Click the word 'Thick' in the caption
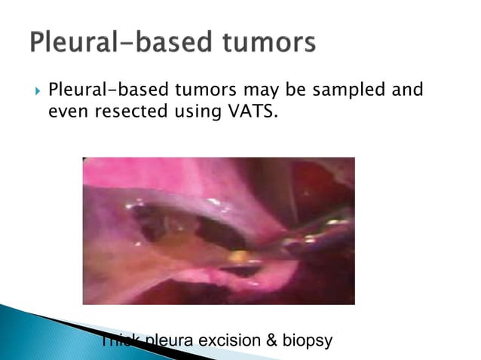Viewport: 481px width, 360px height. (119, 340)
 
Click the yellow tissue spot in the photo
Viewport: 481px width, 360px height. (237, 255)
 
